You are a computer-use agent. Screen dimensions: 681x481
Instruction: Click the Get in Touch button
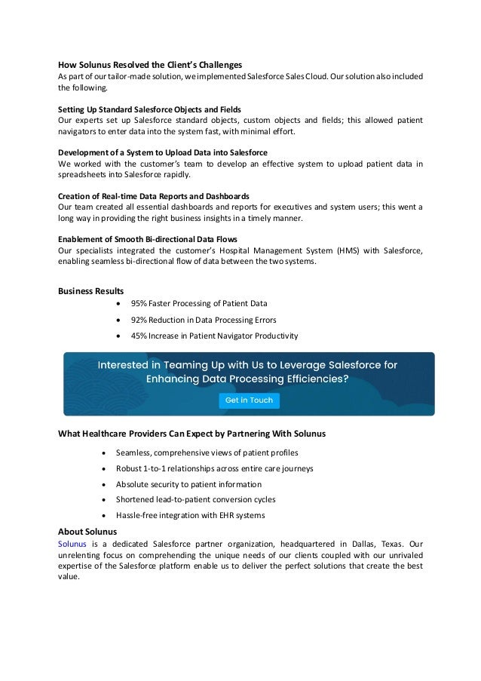(x=249, y=400)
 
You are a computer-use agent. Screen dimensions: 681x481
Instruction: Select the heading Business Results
(x=91, y=290)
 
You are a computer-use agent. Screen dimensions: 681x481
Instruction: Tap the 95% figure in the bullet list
(x=139, y=304)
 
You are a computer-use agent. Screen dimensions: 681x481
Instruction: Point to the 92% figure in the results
(x=139, y=320)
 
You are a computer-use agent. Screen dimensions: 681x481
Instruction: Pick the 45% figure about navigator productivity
(x=139, y=336)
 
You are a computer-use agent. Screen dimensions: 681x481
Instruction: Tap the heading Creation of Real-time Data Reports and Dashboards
(x=154, y=195)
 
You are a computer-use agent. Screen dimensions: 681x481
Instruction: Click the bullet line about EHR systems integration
(x=190, y=515)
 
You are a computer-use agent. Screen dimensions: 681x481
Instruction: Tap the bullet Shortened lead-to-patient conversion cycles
(x=195, y=499)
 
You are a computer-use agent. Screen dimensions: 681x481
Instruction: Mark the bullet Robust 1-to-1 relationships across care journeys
(x=214, y=468)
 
